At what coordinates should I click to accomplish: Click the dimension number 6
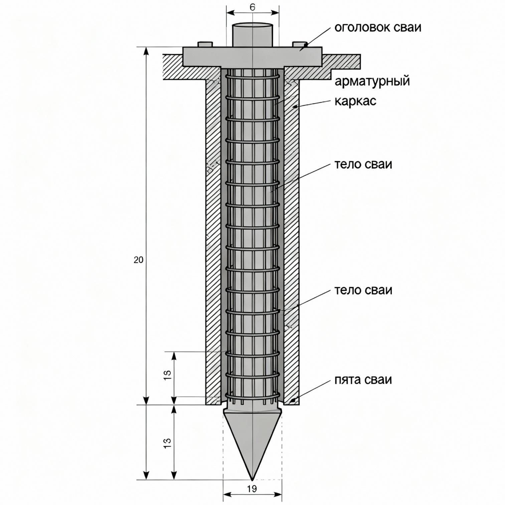coord(252,7)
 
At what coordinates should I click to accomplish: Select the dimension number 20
coord(138,260)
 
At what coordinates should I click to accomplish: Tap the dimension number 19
coord(252,489)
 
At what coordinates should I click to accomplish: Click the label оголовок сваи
coord(378,27)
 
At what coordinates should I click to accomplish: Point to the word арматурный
coord(372,81)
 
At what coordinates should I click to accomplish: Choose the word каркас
coord(355,101)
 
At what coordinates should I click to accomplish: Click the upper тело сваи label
coord(363,164)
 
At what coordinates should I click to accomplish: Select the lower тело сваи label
coord(363,290)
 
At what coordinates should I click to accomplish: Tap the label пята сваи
coord(363,380)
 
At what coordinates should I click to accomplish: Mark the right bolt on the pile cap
coord(299,44)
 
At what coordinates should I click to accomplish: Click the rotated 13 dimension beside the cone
coord(168,443)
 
